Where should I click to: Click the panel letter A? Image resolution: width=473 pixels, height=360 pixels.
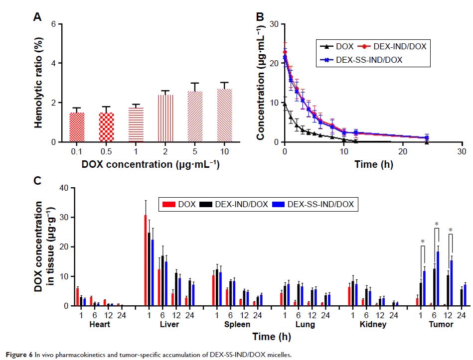click(37, 17)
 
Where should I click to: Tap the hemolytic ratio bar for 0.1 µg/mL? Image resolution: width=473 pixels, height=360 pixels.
click(76, 127)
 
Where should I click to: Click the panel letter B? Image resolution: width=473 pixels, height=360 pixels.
click(260, 17)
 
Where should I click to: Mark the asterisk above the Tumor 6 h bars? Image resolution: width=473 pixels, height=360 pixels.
click(436, 225)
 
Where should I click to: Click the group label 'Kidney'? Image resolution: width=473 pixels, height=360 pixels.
click(369, 324)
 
